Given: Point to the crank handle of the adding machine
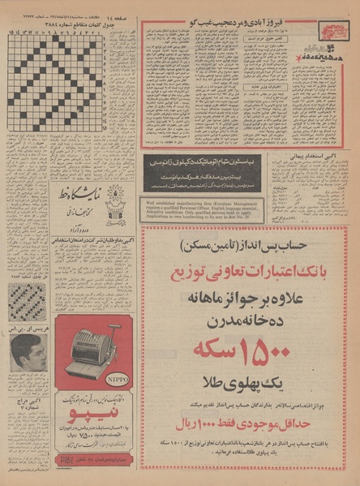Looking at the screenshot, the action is click(x=120, y=338).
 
